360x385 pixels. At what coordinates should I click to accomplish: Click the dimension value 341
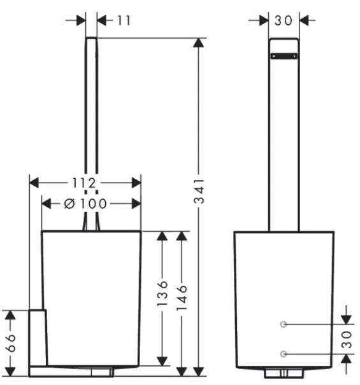(199, 192)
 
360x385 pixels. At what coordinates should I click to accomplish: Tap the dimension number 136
(162, 293)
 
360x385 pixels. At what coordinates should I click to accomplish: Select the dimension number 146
(182, 297)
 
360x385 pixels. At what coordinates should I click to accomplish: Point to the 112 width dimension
(84, 183)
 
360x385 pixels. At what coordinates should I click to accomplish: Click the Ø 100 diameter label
(85, 204)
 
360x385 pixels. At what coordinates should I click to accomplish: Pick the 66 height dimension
(10, 343)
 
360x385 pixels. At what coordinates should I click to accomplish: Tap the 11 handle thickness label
(124, 20)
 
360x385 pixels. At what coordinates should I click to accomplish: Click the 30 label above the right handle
(284, 20)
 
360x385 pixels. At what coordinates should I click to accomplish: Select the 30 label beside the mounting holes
(347, 339)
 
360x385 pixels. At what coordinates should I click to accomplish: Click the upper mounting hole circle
(284, 325)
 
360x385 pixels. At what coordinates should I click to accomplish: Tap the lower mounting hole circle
(284, 354)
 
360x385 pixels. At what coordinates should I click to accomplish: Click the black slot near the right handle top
(284, 56)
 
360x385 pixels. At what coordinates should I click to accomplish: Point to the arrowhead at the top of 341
(198, 43)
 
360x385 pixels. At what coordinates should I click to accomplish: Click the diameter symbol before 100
(69, 204)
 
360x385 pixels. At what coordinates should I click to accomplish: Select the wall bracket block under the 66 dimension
(38, 338)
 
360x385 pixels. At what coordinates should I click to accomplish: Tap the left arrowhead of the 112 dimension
(34, 183)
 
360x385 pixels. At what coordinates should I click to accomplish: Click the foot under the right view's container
(284, 373)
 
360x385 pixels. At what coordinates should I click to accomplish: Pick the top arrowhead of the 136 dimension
(162, 236)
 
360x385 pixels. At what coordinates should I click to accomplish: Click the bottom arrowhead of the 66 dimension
(10, 371)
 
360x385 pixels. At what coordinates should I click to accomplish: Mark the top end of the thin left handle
(92, 38)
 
